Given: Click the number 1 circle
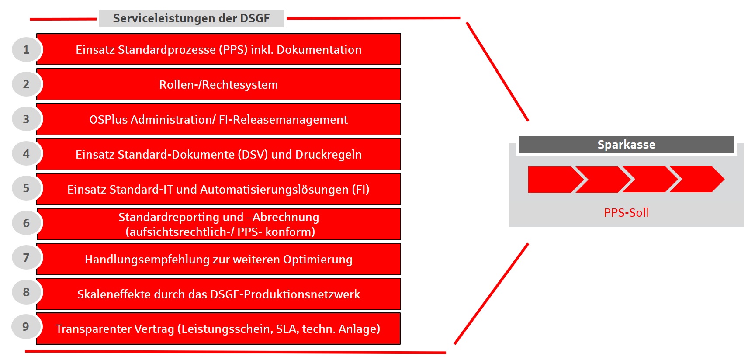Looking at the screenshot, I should pos(26,50).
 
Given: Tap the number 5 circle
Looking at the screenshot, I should pos(26,188).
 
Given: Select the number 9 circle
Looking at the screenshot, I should pos(26,327).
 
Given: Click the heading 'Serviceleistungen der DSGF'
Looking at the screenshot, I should pos(191,18).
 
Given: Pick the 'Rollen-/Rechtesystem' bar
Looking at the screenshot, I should pos(218,84).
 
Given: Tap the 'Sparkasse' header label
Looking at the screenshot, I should pos(626,145).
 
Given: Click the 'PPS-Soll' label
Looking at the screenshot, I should pos(626,213).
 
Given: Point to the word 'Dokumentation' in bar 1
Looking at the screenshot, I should pos(319,50).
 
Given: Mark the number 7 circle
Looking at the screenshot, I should pos(26,258).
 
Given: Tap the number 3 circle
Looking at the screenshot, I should pos(26,119).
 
